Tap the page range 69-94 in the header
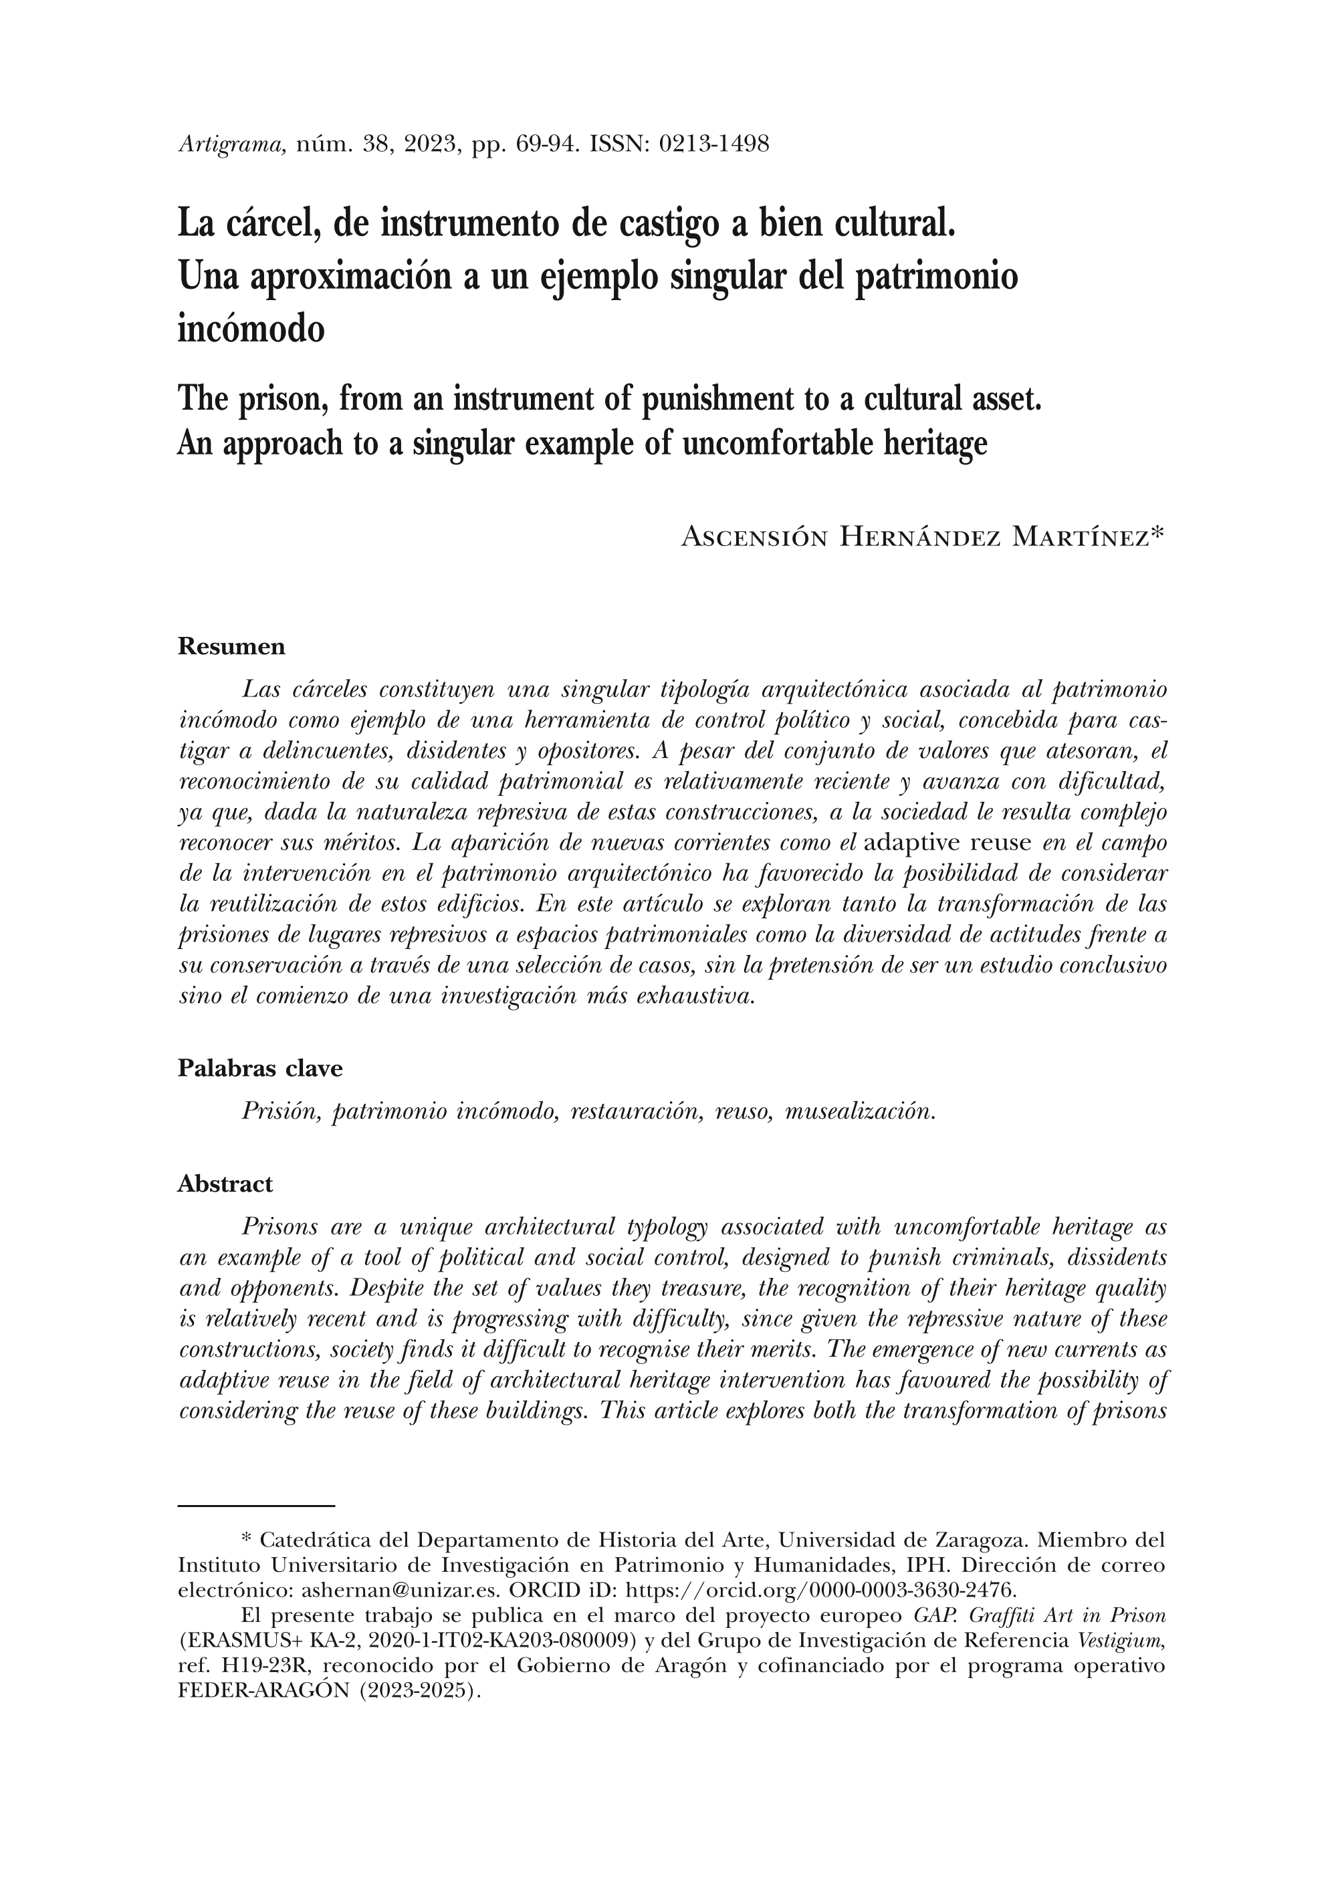pyautogui.click(x=543, y=144)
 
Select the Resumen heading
pyautogui.click(x=231, y=647)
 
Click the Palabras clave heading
pyautogui.click(x=259, y=1068)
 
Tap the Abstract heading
pyautogui.click(x=225, y=1184)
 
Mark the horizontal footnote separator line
pyautogui.click(x=256, y=1506)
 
